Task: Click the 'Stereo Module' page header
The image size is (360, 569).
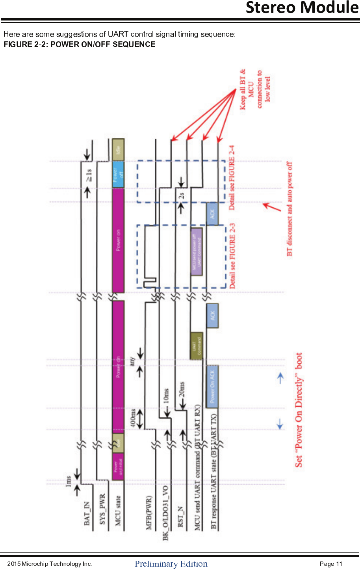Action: click(x=302, y=8)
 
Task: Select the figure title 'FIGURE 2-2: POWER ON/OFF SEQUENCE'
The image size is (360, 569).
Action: click(x=80, y=44)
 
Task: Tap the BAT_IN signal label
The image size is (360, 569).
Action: click(x=87, y=513)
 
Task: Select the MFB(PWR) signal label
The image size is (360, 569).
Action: click(x=149, y=512)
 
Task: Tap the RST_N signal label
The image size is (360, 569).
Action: click(x=180, y=516)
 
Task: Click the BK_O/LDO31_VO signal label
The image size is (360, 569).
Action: click(x=165, y=513)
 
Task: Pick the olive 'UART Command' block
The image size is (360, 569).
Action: click(x=196, y=346)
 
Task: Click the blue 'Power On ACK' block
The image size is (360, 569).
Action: click(x=212, y=387)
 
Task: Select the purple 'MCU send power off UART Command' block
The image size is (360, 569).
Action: click(x=197, y=251)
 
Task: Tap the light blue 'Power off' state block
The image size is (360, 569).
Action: click(x=118, y=174)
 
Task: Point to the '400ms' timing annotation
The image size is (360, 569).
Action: click(x=133, y=418)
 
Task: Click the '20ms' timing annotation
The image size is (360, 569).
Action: click(x=182, y=390)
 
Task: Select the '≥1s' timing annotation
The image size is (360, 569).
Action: click(x=89, y=175)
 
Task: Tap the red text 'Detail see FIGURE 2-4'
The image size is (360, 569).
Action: click(x=232, y=178)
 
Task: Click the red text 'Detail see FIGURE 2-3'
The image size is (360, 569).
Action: click(x=232, y=256)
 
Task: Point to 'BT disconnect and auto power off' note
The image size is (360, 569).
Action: click(x=289, y=209)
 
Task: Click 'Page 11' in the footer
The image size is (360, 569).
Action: click(x=331, y=564)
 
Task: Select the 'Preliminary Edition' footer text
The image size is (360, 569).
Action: click(x=171, y=564)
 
